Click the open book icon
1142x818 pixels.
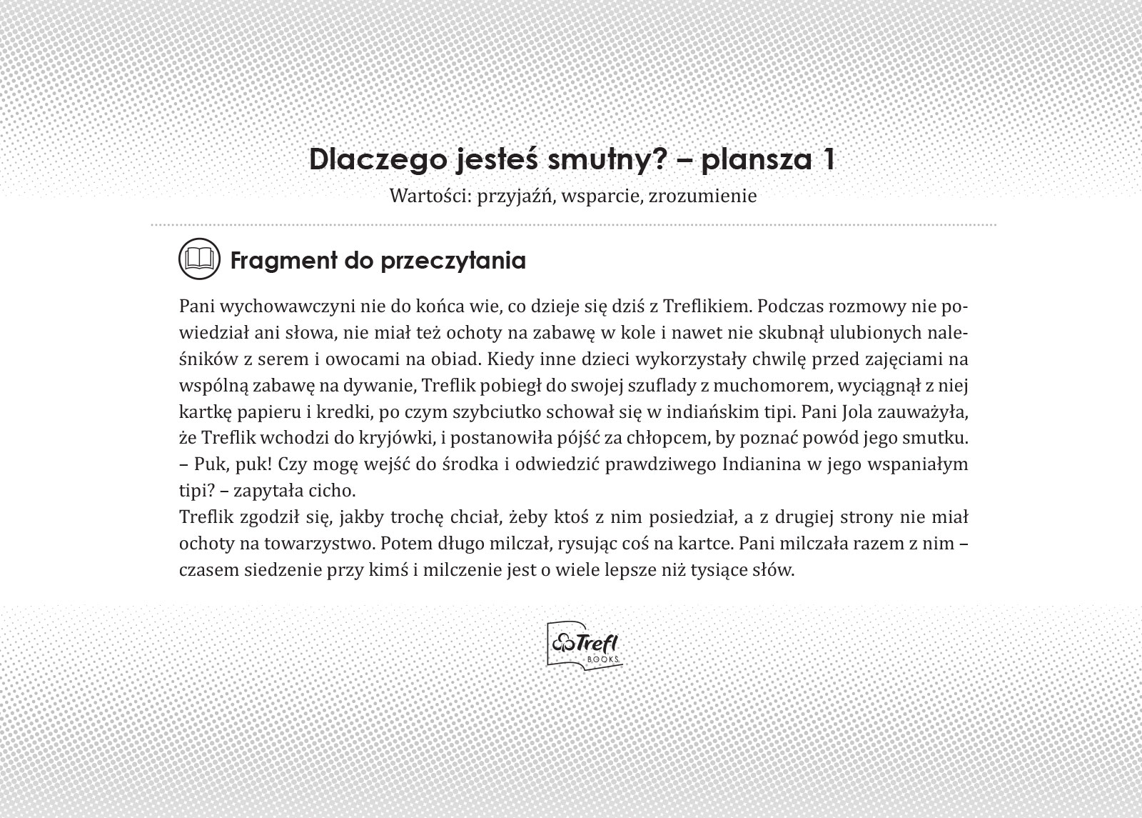[x=198, y=259]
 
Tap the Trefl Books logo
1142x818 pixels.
[x=584, y=645]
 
